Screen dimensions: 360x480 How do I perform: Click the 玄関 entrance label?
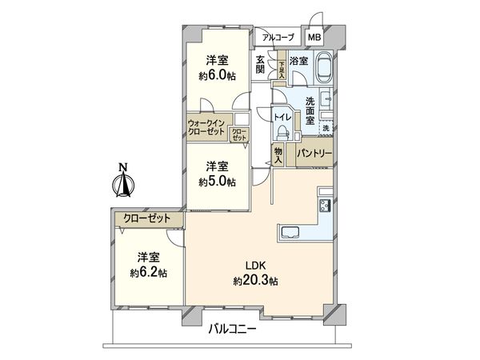point(261,64)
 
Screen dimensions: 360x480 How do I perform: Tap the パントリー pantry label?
point(314,152)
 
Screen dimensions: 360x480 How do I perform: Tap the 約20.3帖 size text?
point(255,281)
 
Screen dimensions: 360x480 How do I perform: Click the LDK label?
point(255,266)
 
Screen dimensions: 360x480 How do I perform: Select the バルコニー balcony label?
point(234,329)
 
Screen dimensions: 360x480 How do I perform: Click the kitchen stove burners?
point(326,206)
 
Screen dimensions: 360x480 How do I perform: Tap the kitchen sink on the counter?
point(290,234)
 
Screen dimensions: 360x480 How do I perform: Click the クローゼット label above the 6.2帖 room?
point(148,217)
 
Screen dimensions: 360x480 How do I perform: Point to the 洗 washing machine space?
point(326,128)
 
